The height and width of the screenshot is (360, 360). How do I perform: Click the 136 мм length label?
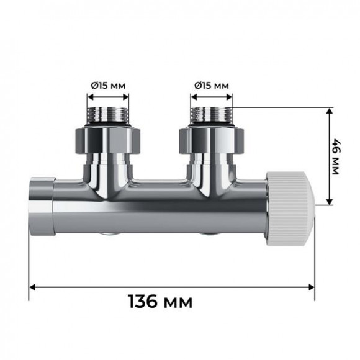click(x=160, y=302)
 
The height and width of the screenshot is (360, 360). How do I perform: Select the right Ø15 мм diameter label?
click(x=210, y=85)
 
